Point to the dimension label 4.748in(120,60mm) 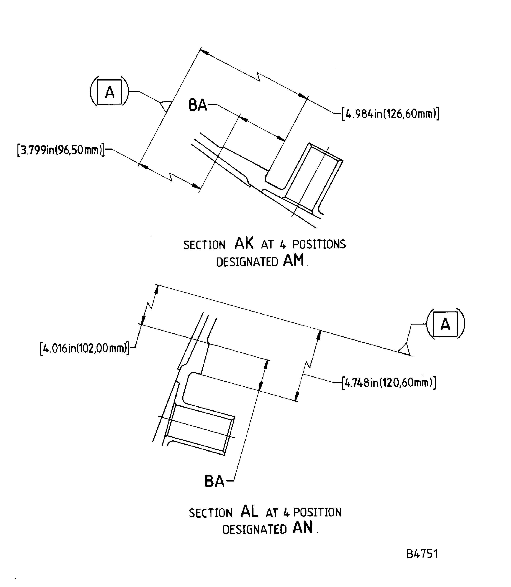[x=389, y=382]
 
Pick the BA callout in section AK [x=198, y=105]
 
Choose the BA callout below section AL [x=215, y=482]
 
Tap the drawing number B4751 [x=422, y=554]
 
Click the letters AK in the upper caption [x=244, y=243]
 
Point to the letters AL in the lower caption [x=249, y=511]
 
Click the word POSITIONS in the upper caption [x=319, y=244]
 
